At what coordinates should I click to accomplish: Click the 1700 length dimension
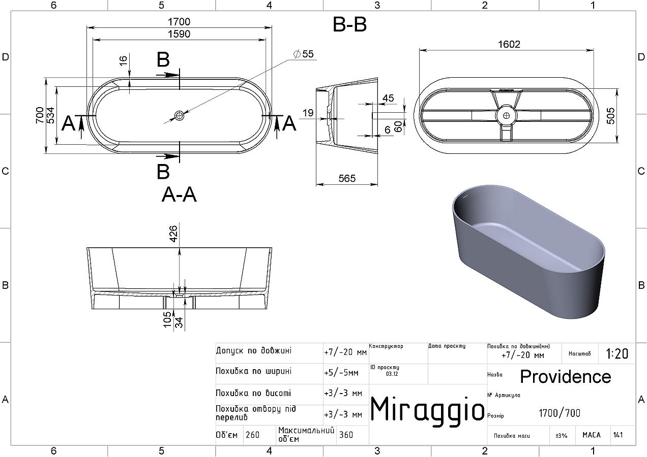click(x=179, y=22)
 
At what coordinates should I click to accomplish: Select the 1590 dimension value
click(x=179, y=34)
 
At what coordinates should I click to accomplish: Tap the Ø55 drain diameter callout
click(x=303, y=54)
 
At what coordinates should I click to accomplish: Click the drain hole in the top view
click(x=179, y=116)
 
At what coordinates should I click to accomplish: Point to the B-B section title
click(x=349, y=24)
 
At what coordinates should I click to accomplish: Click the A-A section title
click(x=179, y=194)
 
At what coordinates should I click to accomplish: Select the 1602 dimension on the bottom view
click(x=509, y=44)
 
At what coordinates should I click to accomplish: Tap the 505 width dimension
click(x=610, y=116)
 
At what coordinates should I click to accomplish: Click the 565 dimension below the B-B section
click(x=347, y=178)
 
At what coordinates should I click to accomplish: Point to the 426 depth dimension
click(x=173, y=234)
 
